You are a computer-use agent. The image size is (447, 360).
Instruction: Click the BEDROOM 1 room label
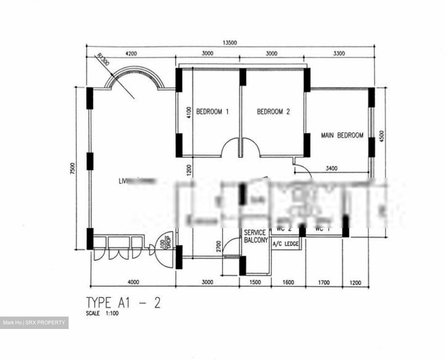coord(213,112)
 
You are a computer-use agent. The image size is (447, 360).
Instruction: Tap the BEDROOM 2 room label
coord(273,112)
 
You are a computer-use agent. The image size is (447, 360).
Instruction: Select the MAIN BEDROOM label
coord(342,135)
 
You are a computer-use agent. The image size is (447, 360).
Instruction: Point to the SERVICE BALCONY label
coord(255,236)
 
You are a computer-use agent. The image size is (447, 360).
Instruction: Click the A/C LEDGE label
coord(286,244)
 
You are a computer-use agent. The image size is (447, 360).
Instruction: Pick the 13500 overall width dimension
coord(230,43)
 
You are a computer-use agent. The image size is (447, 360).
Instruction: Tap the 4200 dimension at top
coord(131,54)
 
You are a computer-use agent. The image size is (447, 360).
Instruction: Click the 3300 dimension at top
coord(339,54)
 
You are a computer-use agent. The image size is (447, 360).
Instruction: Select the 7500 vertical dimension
coord(72,169)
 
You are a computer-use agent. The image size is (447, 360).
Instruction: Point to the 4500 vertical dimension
coord(382,137)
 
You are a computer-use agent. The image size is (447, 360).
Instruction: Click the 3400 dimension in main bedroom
coord(332,169)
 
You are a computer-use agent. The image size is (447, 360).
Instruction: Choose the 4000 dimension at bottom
coord(133,282)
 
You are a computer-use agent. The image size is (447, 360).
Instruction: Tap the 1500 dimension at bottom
coord(255,282)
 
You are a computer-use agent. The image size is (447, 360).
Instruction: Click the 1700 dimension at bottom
coord(324,282)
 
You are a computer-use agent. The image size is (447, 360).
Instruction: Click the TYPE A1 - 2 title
coord(123,303)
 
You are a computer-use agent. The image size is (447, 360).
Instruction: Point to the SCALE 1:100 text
coord(102,313)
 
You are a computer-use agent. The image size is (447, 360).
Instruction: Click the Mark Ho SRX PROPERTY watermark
coord(34,323)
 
